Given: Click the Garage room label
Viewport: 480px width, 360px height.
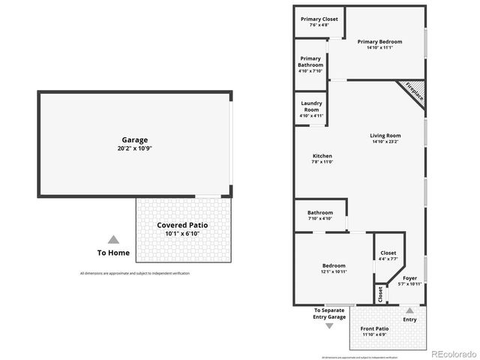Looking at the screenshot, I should tap(135, 139).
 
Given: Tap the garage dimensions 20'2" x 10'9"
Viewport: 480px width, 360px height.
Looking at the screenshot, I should tap(135, 148).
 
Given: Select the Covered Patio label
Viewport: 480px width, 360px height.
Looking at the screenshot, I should tap(182, 225).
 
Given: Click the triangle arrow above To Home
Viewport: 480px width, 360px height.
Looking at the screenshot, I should tap(113, 239).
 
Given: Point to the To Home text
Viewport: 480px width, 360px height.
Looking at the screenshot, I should tap(113, 253).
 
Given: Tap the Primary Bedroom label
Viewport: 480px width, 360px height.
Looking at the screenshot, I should tap(379, 42).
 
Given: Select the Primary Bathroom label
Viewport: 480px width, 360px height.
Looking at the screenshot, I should tap(310, 61).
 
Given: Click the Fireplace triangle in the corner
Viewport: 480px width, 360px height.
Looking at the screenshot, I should tap(414, 91).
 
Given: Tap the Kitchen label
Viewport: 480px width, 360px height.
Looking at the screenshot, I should tap(322, 156).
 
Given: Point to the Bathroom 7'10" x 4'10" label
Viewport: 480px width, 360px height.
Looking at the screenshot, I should tap(319, 212).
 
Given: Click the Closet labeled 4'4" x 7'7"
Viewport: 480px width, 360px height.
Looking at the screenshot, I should tap(388, 253).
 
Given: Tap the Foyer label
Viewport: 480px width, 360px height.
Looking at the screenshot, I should tap(409, 278).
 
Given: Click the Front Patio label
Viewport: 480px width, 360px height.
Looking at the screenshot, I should tap(374, 328).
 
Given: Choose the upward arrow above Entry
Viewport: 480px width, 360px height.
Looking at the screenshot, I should tap(409, 309).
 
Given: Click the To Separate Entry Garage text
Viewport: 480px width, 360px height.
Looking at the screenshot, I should tap(330, 313).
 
